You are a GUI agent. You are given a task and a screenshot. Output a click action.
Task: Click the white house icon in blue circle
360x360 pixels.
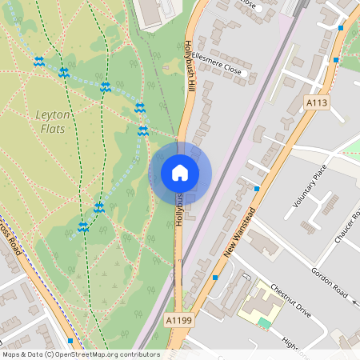coord(180,173)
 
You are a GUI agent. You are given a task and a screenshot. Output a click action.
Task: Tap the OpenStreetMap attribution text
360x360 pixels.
coord(81,354)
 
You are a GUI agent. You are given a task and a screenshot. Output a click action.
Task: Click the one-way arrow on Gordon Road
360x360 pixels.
coord(354,302)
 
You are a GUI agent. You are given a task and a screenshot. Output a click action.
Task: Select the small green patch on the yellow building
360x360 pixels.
coord(264,322)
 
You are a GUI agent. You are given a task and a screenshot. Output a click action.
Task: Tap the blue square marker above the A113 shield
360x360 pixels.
coord(341,27)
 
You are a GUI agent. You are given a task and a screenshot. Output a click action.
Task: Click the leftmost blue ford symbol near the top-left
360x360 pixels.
coord(38,62)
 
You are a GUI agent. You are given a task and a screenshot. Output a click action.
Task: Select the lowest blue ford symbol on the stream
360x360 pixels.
coord(82,227)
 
